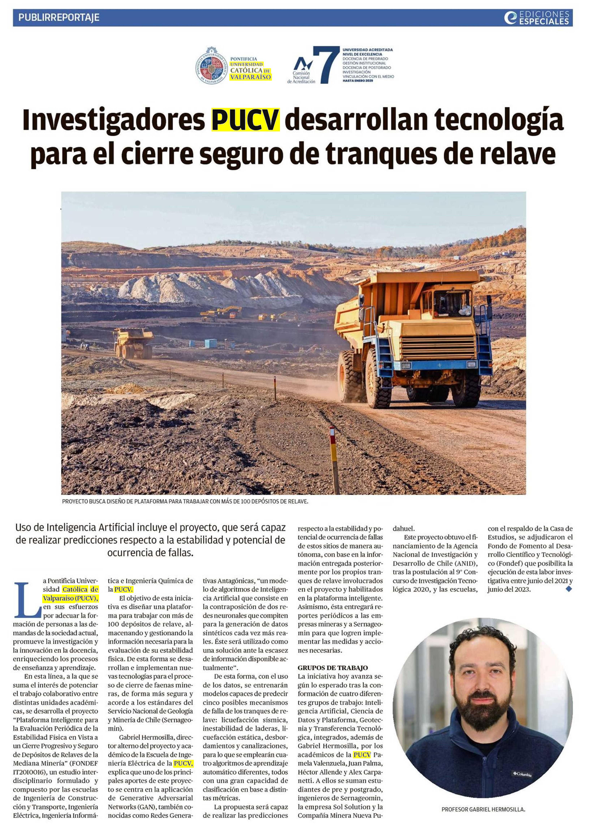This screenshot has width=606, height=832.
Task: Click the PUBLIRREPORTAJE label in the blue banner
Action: pyautogui.click(x=59, y=17)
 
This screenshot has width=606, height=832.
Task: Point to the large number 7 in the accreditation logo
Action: pyautogui.click(x=325, y=65)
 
